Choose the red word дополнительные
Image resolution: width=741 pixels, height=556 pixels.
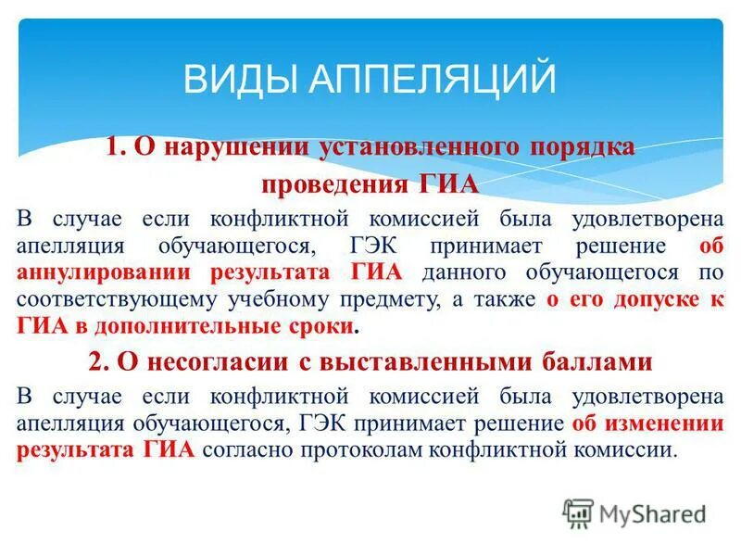pyautogui.click(x=201, y=326)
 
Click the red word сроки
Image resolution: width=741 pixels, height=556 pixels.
pyautogui.click(x=328, y=326)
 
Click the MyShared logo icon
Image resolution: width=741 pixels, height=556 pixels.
pyautogui.click(x=578, y=512)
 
